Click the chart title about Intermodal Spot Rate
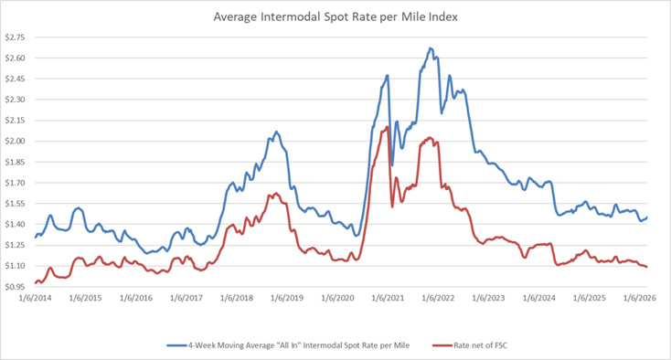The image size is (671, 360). tap(335, 16)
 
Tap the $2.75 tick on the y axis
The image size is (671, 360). tap(16, 37)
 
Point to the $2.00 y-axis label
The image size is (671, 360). tap(16, 141)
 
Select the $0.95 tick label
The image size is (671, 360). tap(16, 287)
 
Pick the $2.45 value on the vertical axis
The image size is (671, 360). tap(16, 79)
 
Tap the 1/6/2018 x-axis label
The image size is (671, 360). tap(237, 299)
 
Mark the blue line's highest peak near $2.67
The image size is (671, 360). tap(430, 48)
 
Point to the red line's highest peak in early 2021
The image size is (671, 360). tap(388, 127)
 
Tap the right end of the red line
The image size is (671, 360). tap(648, 267)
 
